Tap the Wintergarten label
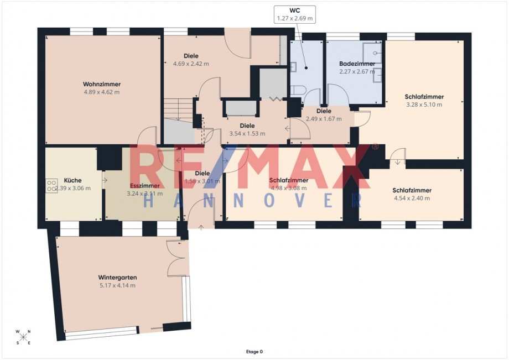click(x=117, y=278)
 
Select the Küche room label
click(x=73, y=180)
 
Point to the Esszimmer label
click(x=144, y=186)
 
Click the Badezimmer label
click(x=357, y=64)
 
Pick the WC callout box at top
click(x=295, y=14)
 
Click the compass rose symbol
click(x=24, y=337)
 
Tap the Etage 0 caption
click(x=254, y=351)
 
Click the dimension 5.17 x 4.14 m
click(x=117, y=285)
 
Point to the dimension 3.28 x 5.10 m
click(x=424, y=105)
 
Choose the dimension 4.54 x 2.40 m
click(x=412, y=198)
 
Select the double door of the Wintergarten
click(x=178, y=258)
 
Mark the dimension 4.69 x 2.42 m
click(x=191, y=64)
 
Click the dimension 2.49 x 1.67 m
click(x=324, y=119)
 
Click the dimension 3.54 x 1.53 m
click(x=247, y=133)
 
